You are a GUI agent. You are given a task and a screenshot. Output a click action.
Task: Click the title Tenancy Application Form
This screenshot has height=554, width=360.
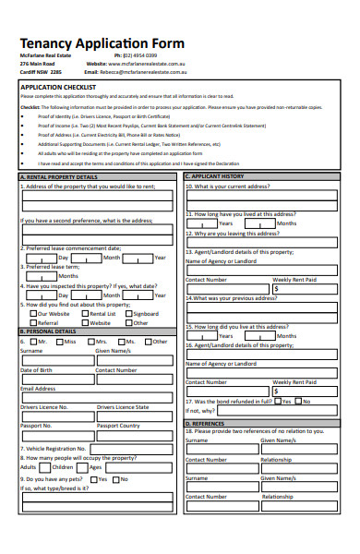click(x=102, y=43)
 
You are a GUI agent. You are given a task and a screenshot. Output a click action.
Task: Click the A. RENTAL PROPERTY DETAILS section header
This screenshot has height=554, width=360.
click(x=58, y=176)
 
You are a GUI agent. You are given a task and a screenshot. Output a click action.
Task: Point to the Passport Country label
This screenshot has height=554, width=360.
click(x=118, y=426)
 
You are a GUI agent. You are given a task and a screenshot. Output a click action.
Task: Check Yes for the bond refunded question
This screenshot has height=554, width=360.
click(x=276, y=402)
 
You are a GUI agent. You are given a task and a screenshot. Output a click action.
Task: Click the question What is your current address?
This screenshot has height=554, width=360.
click(x=227, y=186)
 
